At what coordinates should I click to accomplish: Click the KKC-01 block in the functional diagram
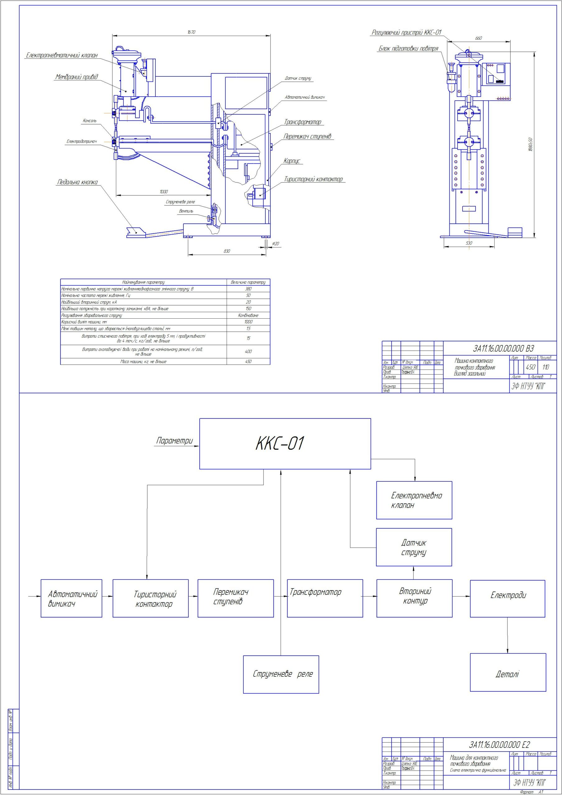[285, 443]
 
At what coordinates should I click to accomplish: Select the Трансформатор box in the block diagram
[325, 598]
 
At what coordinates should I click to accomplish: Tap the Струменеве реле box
[281, 674]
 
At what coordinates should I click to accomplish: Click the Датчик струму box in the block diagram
[414, 547]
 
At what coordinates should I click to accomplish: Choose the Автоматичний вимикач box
[71, 598]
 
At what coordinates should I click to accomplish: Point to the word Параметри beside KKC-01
[174, 441]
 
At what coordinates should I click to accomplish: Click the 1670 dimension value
[191, 32]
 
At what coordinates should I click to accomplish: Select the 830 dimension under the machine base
[227, 251]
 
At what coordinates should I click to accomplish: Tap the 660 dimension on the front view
[478, 38]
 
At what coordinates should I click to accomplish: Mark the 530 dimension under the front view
[469, 243]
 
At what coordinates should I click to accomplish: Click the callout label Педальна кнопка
[77, 182]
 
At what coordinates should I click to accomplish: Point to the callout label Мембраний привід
[77, 77]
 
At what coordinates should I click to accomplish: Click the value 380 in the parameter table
[248, 289]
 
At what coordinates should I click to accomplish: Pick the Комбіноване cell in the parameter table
[248, 315]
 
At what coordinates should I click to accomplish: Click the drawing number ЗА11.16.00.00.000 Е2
[499, 744]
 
